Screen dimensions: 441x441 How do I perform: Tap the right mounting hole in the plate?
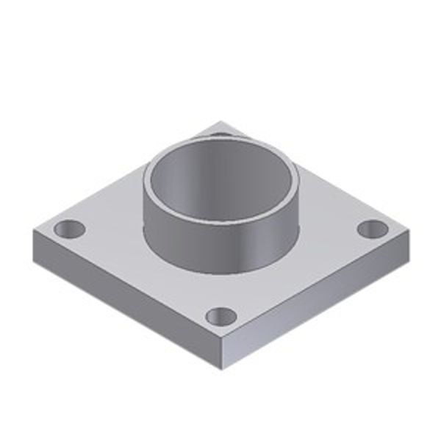373,229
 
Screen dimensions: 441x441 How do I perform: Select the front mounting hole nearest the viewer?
221,317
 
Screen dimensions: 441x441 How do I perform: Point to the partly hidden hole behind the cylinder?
219,134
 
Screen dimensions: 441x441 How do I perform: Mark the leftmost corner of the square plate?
33,229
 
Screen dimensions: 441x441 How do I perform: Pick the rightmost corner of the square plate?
410,229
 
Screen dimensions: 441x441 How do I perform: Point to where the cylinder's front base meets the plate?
220,270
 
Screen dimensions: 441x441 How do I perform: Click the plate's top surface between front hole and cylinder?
221,290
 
